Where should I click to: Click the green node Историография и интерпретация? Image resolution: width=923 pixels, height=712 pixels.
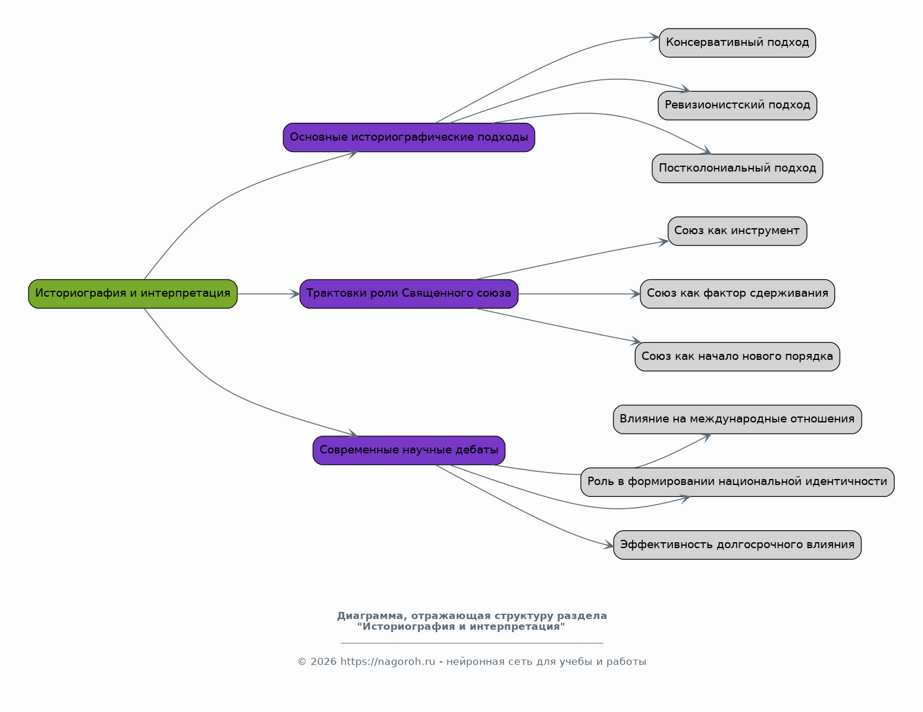133,294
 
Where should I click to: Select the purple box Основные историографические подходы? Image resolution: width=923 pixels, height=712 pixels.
409,137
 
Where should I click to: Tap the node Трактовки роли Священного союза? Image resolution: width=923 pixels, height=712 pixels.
409,294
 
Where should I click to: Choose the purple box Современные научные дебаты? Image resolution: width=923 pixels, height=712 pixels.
409,450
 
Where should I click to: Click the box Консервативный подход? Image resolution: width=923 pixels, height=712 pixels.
737,43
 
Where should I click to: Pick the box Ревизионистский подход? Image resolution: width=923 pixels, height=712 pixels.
737,105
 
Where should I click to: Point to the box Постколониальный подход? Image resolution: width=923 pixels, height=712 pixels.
737,169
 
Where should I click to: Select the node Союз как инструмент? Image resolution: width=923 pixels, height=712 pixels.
737,231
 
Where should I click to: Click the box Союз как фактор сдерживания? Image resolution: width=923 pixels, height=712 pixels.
737,294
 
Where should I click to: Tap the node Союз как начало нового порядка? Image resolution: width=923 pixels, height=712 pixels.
737,357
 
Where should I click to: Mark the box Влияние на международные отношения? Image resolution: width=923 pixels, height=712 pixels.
737,419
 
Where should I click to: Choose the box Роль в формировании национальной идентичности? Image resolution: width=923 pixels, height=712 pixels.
737,482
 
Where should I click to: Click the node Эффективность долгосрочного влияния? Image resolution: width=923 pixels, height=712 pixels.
737,545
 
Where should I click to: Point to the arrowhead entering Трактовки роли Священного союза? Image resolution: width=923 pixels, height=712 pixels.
295,294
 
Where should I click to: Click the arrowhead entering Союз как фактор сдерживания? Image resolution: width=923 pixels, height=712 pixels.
636,294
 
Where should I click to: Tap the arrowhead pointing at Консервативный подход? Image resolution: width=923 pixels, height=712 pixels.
655,38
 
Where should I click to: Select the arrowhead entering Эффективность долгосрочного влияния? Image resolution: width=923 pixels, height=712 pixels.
609,545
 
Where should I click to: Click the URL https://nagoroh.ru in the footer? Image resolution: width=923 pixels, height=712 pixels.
388,662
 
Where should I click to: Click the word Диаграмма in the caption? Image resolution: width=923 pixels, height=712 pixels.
372,616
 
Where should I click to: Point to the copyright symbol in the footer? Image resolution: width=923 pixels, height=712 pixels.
302,662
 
